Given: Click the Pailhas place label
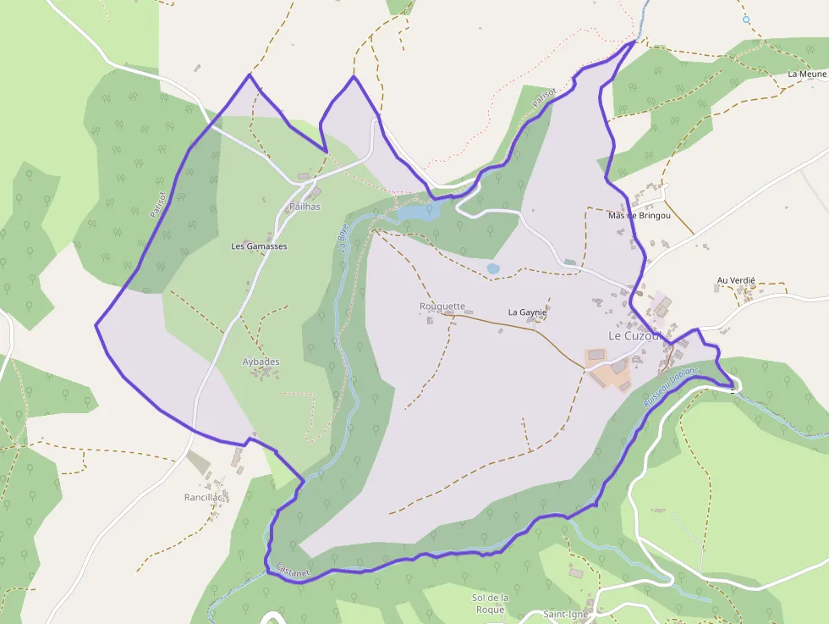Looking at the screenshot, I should [x=305, y=207].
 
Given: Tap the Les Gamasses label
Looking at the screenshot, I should [x=259, y=246].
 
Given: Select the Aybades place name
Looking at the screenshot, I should [x=261, y=362].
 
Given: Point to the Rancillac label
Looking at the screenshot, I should [x=203, y=497].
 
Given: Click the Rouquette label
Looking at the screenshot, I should [x=442, y=306].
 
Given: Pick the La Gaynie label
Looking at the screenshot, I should [x=527, y=312].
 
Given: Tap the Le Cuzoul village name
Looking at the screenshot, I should [x=634, y=335].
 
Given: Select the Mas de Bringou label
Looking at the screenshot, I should [x=639, y=215].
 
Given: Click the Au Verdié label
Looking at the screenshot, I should [x=735, y=280].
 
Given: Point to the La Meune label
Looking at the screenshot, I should [x=806, y=75].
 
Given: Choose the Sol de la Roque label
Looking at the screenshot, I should [x=490, y=603].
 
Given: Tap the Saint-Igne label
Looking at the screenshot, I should [x=566, y=615].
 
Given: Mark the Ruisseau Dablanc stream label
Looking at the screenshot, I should [x=672, y=386].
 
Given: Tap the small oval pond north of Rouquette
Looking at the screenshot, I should [x=493, y=268].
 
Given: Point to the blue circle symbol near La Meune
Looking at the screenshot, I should [x=746, y=19].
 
